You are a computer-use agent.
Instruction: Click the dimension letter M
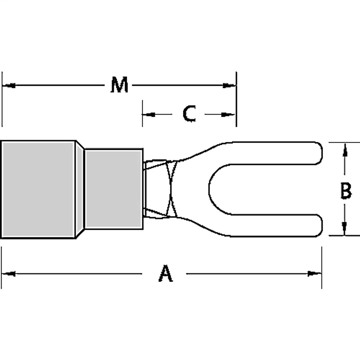tap(119, 85)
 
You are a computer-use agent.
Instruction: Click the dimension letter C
tap(189, 114)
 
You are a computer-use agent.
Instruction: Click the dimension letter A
tap(165, 274)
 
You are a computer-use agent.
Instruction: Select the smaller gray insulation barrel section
tap(113, 189)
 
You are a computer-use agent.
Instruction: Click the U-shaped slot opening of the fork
tap(262, 189)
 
